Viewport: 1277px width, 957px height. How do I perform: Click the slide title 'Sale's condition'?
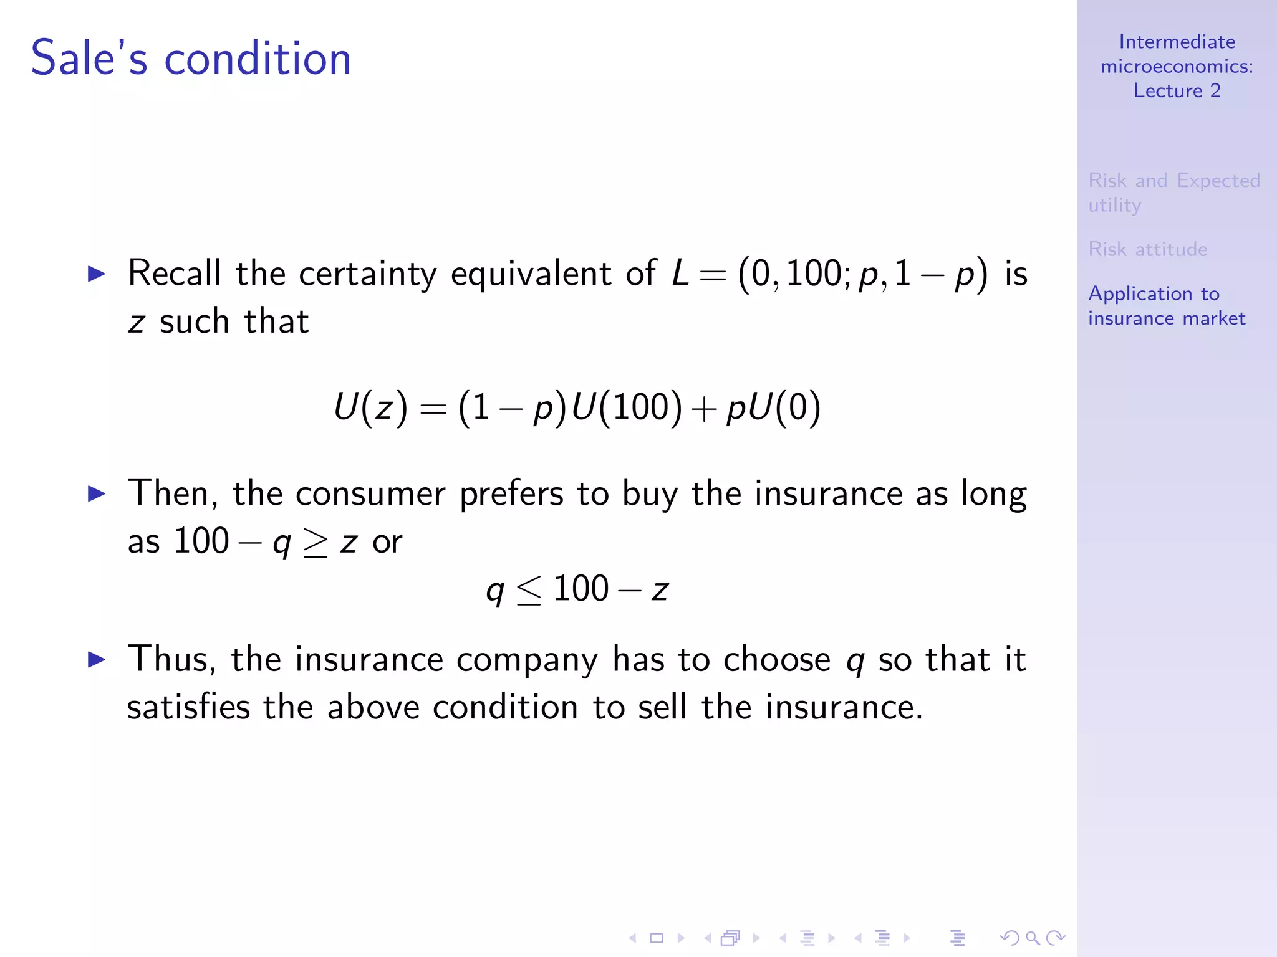191,59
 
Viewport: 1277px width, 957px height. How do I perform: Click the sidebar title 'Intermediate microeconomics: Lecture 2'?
1177,66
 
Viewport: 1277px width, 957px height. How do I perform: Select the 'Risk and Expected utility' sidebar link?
1173,192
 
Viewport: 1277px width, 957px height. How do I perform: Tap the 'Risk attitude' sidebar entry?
1147,249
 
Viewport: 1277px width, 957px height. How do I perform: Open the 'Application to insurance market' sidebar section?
1166,306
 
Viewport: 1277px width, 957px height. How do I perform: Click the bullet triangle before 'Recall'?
97,274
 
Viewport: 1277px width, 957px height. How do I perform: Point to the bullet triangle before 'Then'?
97,494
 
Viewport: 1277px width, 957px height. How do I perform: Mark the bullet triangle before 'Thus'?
97,659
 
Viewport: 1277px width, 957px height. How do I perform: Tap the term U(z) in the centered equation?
370,408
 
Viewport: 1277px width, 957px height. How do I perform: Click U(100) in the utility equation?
627,408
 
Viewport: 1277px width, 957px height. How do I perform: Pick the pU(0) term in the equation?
773,408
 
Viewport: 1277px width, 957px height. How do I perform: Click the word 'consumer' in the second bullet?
370,494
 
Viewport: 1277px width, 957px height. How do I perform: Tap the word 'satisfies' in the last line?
188,708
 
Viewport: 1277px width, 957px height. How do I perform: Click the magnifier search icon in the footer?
1033,938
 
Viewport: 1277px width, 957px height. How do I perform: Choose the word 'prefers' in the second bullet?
511,494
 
